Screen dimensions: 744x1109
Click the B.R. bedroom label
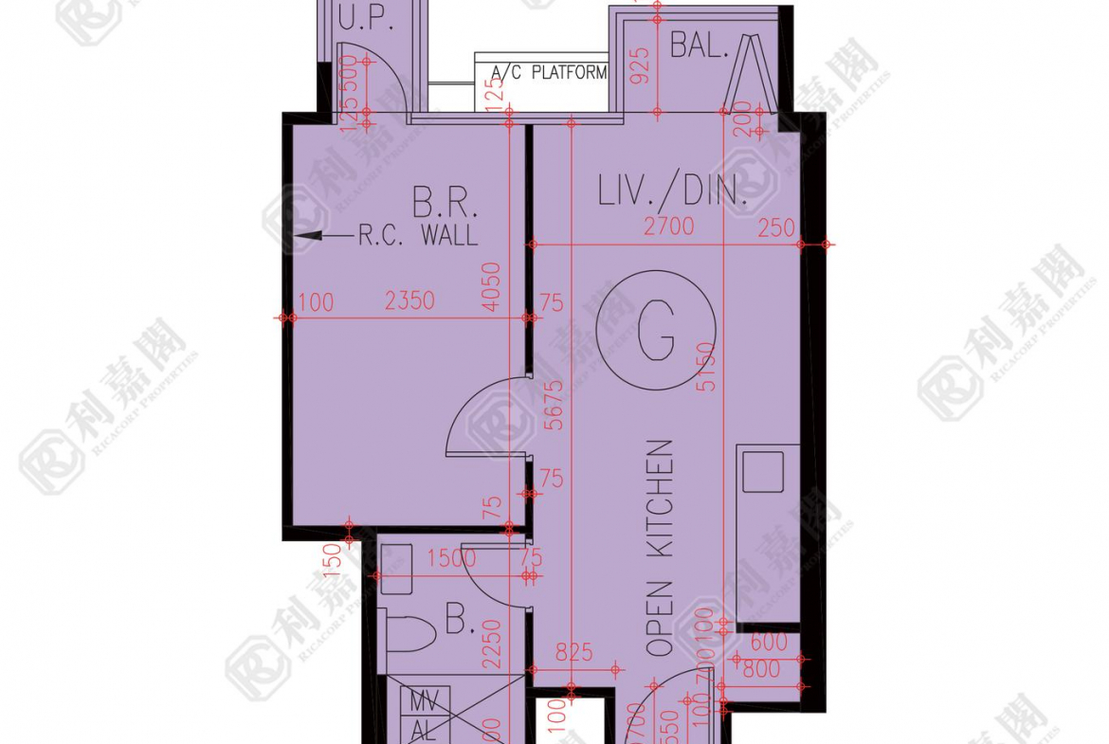pyautogui.click(x=445, y=204)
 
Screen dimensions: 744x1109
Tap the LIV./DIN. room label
pyautogui.click(x=673, y=191)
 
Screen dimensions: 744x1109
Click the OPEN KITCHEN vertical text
pyautogui.click(x=660, y=548)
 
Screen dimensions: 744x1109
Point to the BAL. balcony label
pyautogui.click(x=700, y=45)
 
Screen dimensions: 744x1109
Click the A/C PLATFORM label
pyautogui.click(x=549, y=73)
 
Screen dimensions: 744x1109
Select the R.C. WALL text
pyautogui.click(x=417, y=235)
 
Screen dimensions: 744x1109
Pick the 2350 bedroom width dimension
pyautogui.click(x=409, y=301)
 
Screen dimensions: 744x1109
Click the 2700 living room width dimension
pyautogui.click(x=668, y=227)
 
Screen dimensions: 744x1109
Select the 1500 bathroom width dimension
pyautogui.click(x=450, y=559)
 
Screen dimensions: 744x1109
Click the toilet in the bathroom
pyautogui.click(x=406, y=634)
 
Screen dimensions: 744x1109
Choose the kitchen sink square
pyautogui.click(x=763, y=471)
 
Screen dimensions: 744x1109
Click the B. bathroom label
pyautogui.click(x=460, y=623)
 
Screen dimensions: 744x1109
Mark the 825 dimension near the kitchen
pyautogui.click(x=573, y=652)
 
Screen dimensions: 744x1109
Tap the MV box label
pyautogui.click(x=422, y=703)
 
